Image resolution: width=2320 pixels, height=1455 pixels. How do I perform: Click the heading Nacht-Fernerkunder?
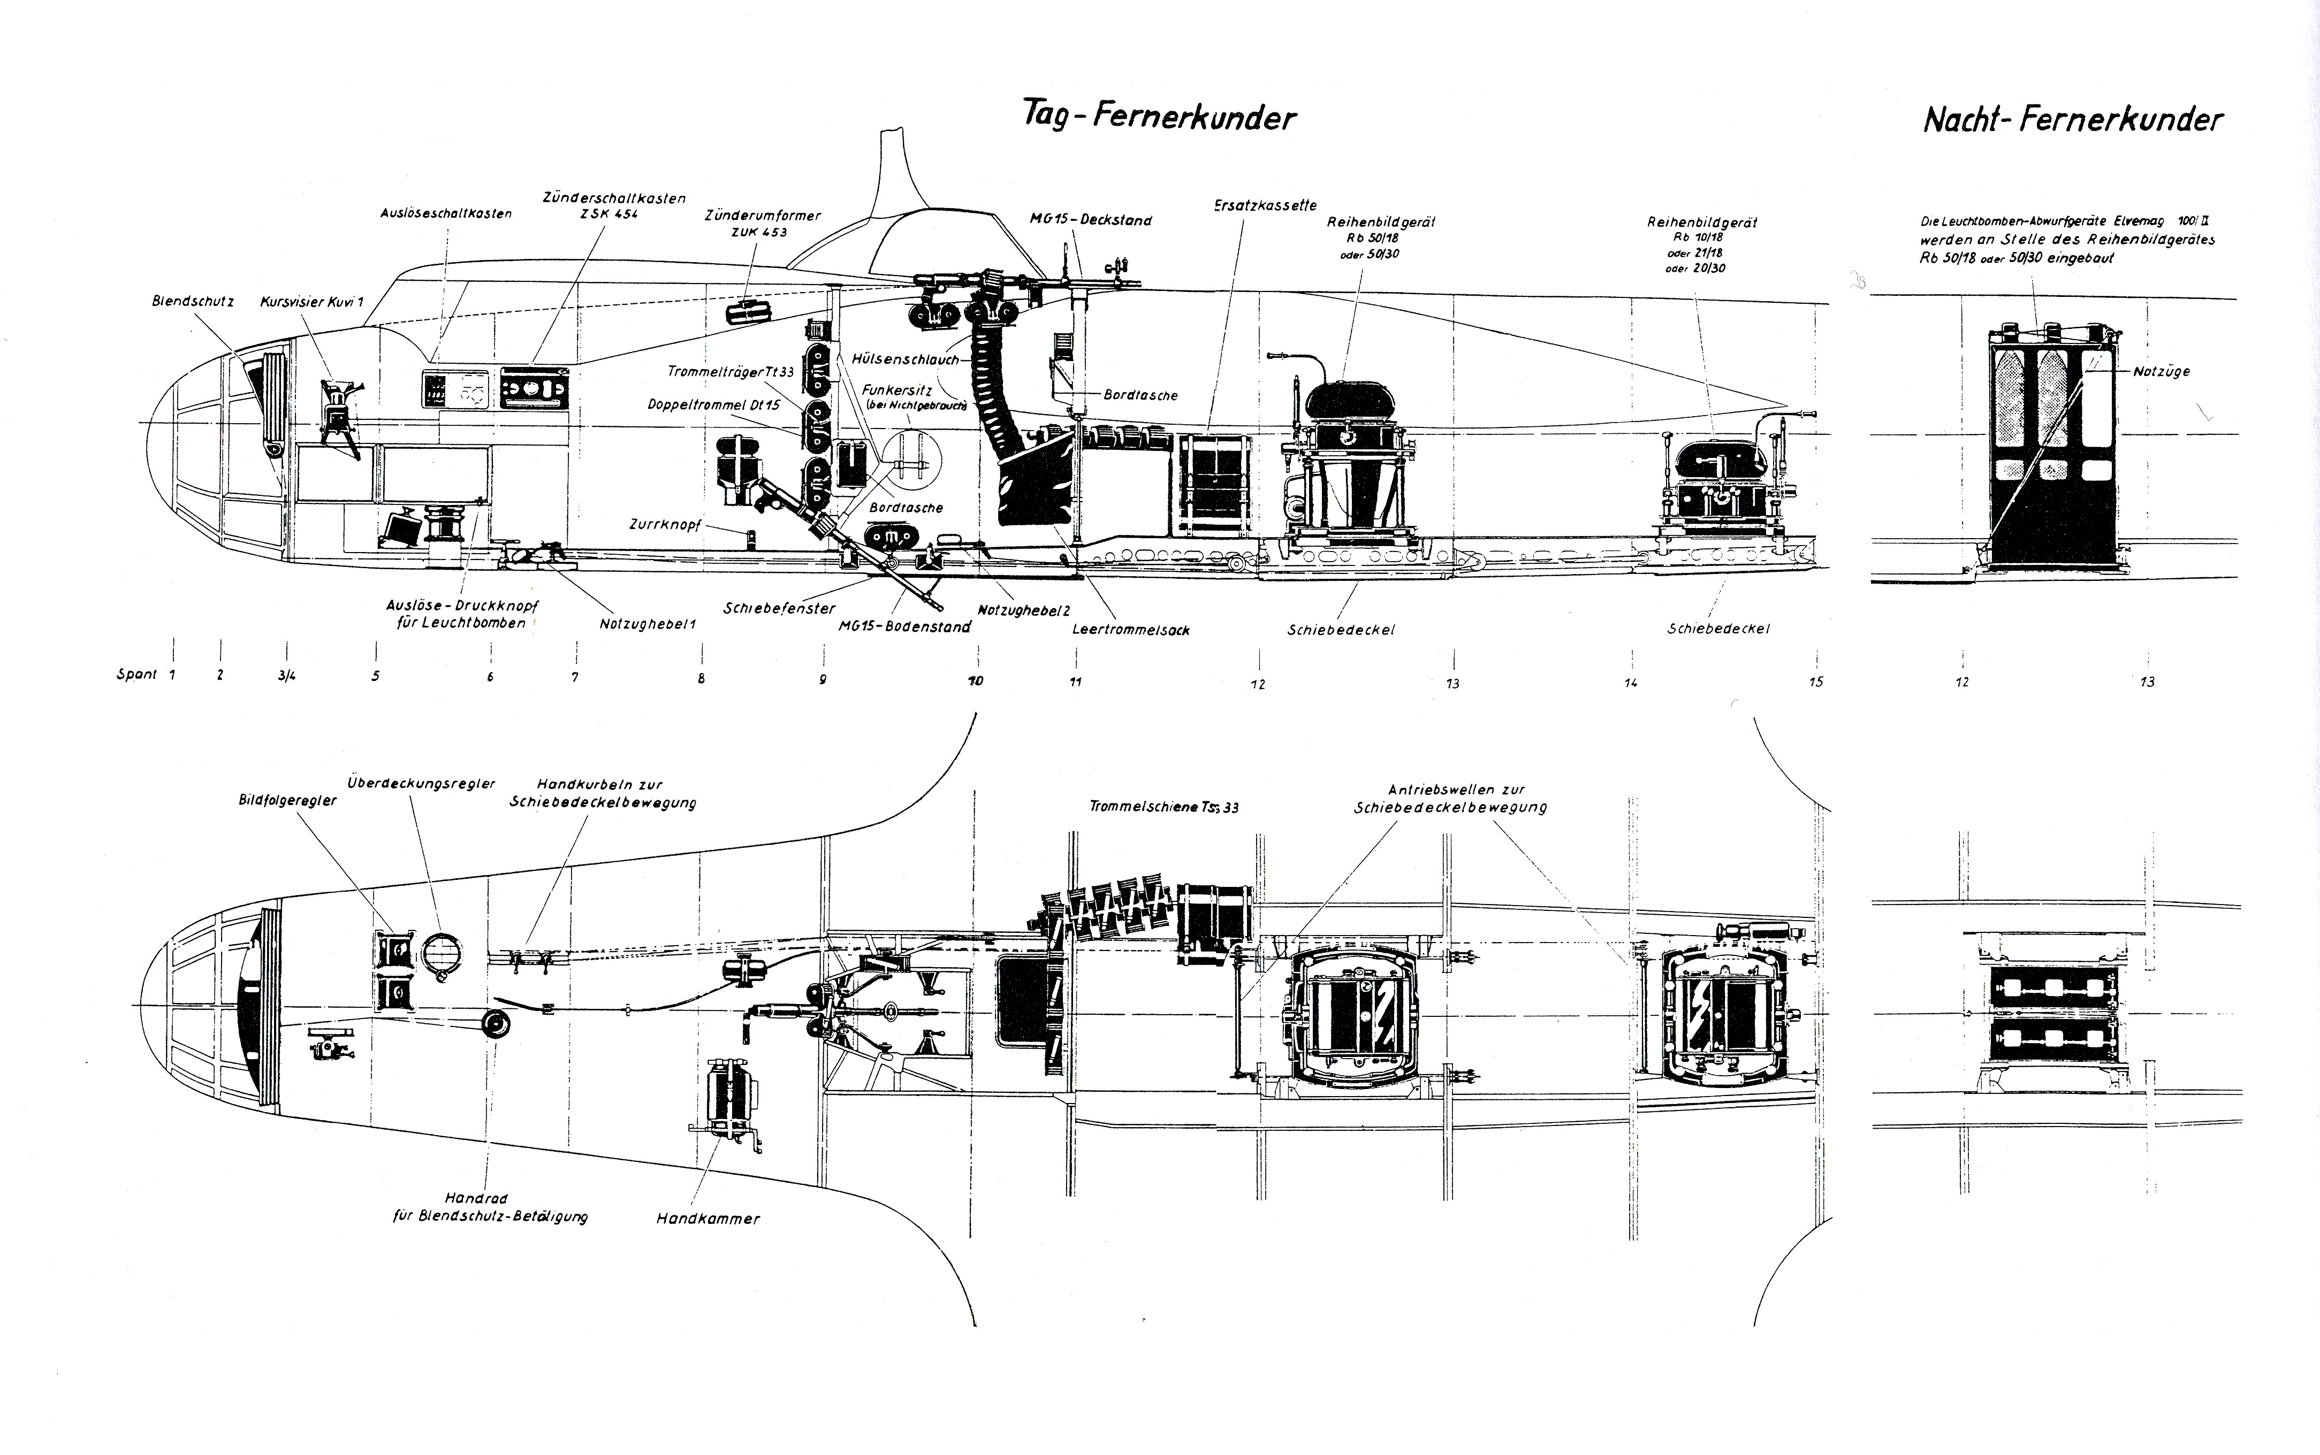tap(2073, 120)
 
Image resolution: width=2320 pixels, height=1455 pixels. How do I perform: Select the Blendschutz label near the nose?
tap(193, 301)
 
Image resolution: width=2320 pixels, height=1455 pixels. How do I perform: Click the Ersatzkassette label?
tap(1265, 205)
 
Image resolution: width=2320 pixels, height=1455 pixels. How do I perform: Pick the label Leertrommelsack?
tap(1131, 630)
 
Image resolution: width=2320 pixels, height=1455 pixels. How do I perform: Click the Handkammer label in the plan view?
tap(708, 1218)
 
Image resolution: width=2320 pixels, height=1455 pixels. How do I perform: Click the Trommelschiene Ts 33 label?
tap(1164, 807)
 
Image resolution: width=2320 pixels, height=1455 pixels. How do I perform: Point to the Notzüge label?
tap(2161, 371)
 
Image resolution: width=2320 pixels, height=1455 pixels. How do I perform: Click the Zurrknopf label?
tap(664, 525)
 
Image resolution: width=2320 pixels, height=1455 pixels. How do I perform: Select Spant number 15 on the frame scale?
tap(1815, 682)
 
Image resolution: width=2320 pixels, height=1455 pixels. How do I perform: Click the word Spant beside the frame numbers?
tap(136, 675)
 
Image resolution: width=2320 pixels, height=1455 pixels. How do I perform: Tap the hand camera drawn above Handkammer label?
tap(729, 1102)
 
